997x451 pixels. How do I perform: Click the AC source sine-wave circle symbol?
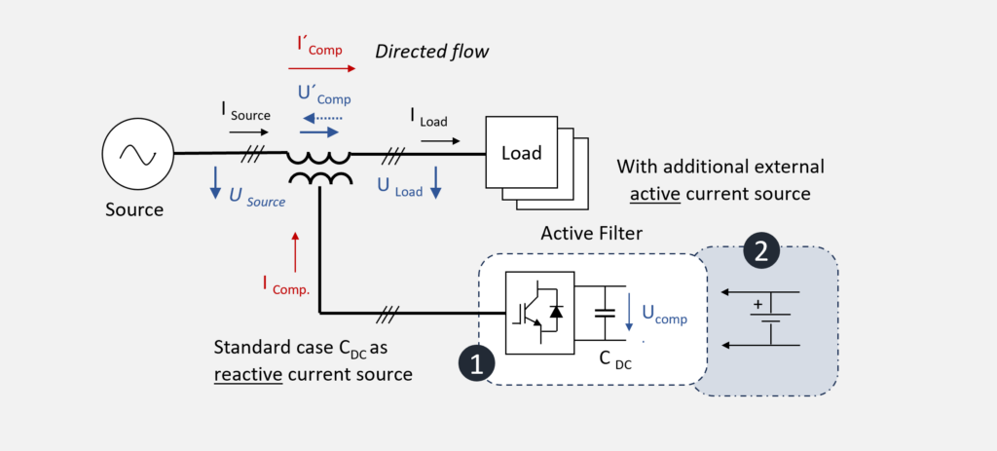click(136, 155)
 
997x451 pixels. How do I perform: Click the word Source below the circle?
click(134, 209)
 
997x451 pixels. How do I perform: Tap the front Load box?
click(521, 154)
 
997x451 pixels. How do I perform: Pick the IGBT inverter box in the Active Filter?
click(540, 313)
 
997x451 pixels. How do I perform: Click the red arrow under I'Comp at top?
click(322, 69)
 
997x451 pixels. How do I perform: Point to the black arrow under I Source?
click(248, 130)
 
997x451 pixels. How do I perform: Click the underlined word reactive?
click(248, 372)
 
